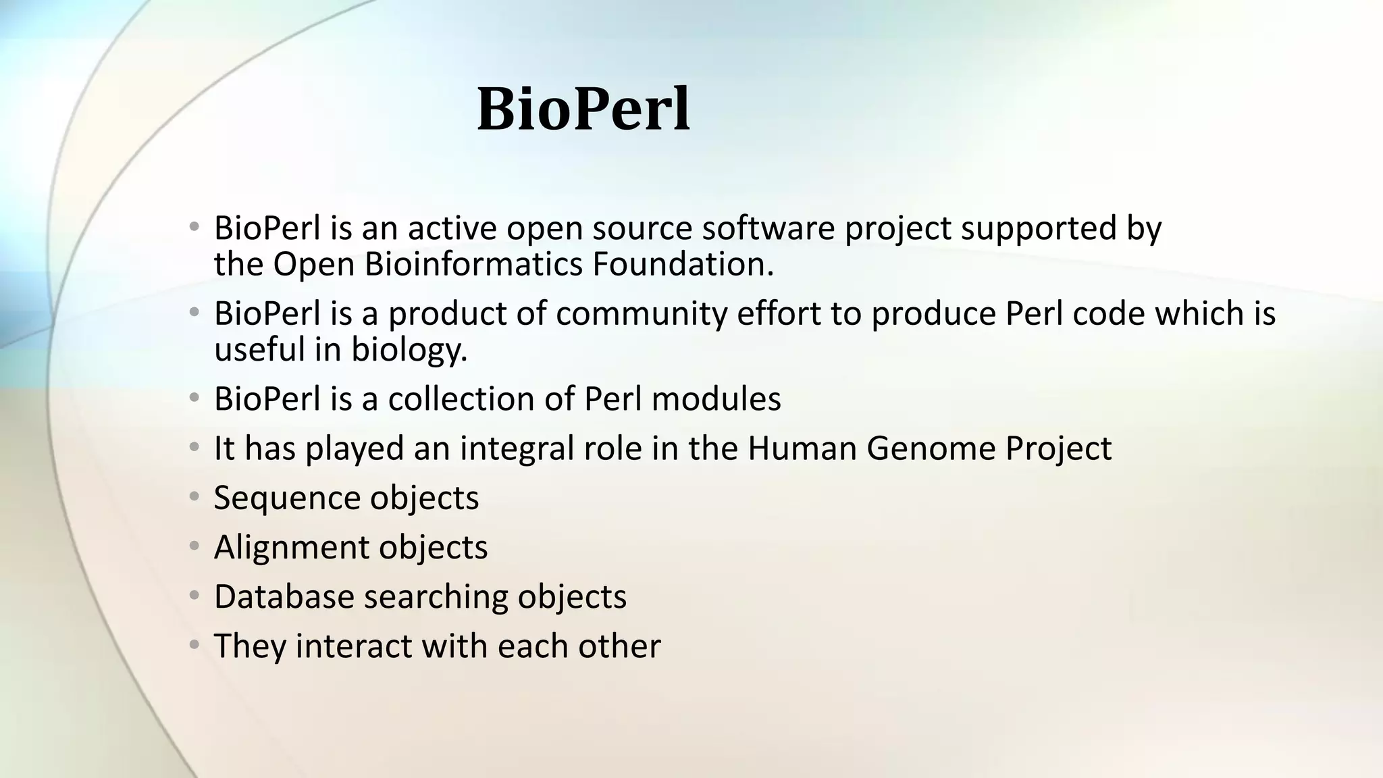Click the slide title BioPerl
point(583,109)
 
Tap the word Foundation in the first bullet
point(682,264)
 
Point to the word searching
point(436,597)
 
